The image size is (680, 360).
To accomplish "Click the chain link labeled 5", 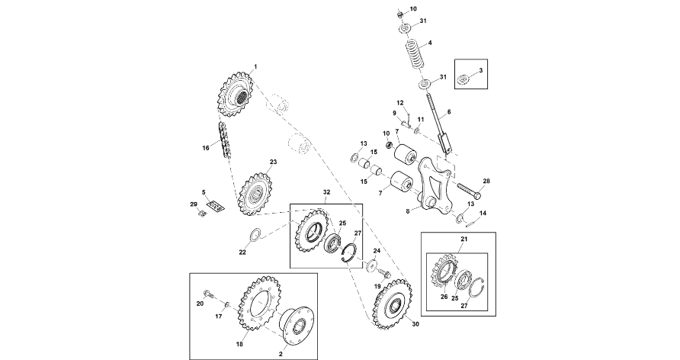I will click(217, 207).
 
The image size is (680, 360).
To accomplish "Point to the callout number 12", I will click(399, 102).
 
